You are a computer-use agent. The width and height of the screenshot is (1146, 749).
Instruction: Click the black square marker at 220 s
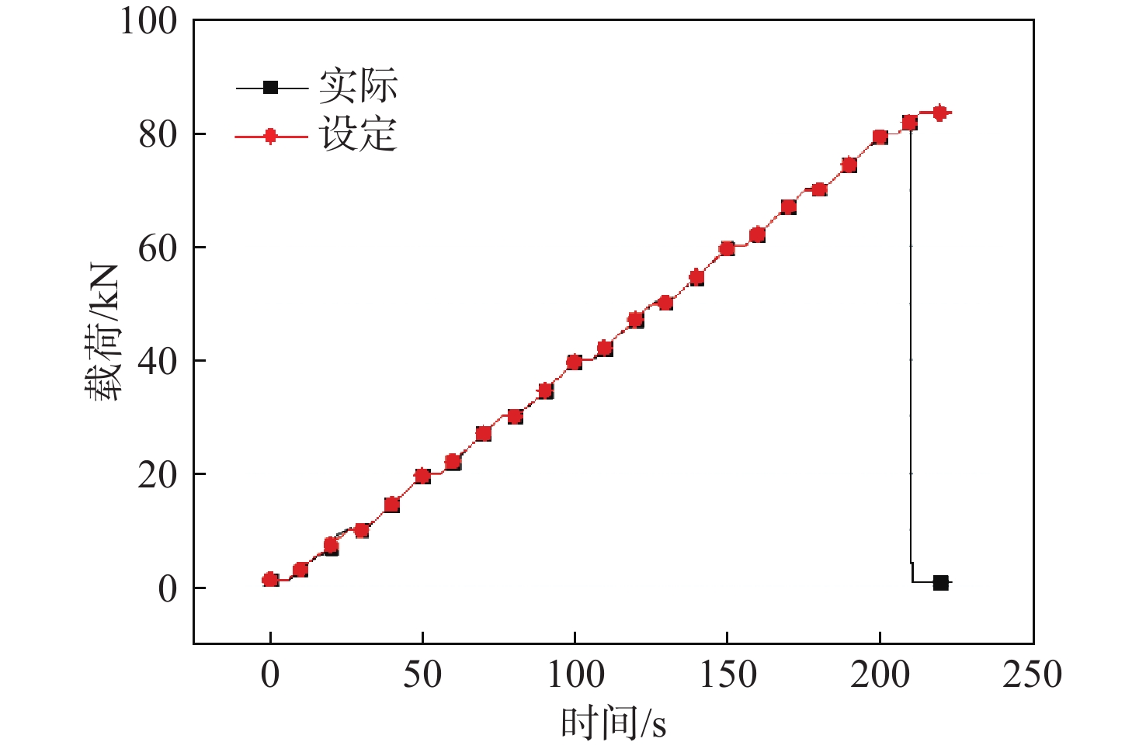[x=940, y=583]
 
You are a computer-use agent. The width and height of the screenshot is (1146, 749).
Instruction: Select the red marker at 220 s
[x=939, y=113]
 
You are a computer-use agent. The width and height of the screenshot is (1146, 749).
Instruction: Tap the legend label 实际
[x=358, y=86]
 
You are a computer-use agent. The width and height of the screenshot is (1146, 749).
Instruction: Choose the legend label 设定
[x=358, y=135]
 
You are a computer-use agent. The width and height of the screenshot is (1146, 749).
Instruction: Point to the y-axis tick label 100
[x=148, y=22]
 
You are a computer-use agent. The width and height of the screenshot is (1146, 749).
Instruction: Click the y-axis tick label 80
[x=158, y=134]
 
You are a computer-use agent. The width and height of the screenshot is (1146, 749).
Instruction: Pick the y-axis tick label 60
[x=158, y=248]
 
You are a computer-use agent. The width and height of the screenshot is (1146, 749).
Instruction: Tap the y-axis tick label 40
[x=158, y=361]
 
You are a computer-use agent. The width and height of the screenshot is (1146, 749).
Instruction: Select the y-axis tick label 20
[x=158, y=475]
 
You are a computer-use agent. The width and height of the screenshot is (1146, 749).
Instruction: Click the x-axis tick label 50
[x=422, y=674]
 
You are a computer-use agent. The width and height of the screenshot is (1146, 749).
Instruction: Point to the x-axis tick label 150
[x=728, y=674]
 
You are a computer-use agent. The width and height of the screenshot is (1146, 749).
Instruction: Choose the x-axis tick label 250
[x=1032, y=674]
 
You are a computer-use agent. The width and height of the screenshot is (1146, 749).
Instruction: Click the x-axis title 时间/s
[x=613, y=723]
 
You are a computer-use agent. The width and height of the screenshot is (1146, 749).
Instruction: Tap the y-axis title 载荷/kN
[x=103, y=332]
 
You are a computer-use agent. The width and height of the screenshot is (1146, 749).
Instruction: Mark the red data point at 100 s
[x=575, y=362]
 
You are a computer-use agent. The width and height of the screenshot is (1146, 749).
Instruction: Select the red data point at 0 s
[x=270, y=579]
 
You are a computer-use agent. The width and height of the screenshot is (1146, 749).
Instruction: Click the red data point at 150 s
[x=727, y=248]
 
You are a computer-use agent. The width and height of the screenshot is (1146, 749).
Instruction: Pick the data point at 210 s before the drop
[x=909, y=123]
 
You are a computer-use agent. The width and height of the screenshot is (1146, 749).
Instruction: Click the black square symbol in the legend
[x=270, y=87]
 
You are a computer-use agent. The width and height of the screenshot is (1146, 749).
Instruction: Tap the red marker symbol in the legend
[x=270, y=137]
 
